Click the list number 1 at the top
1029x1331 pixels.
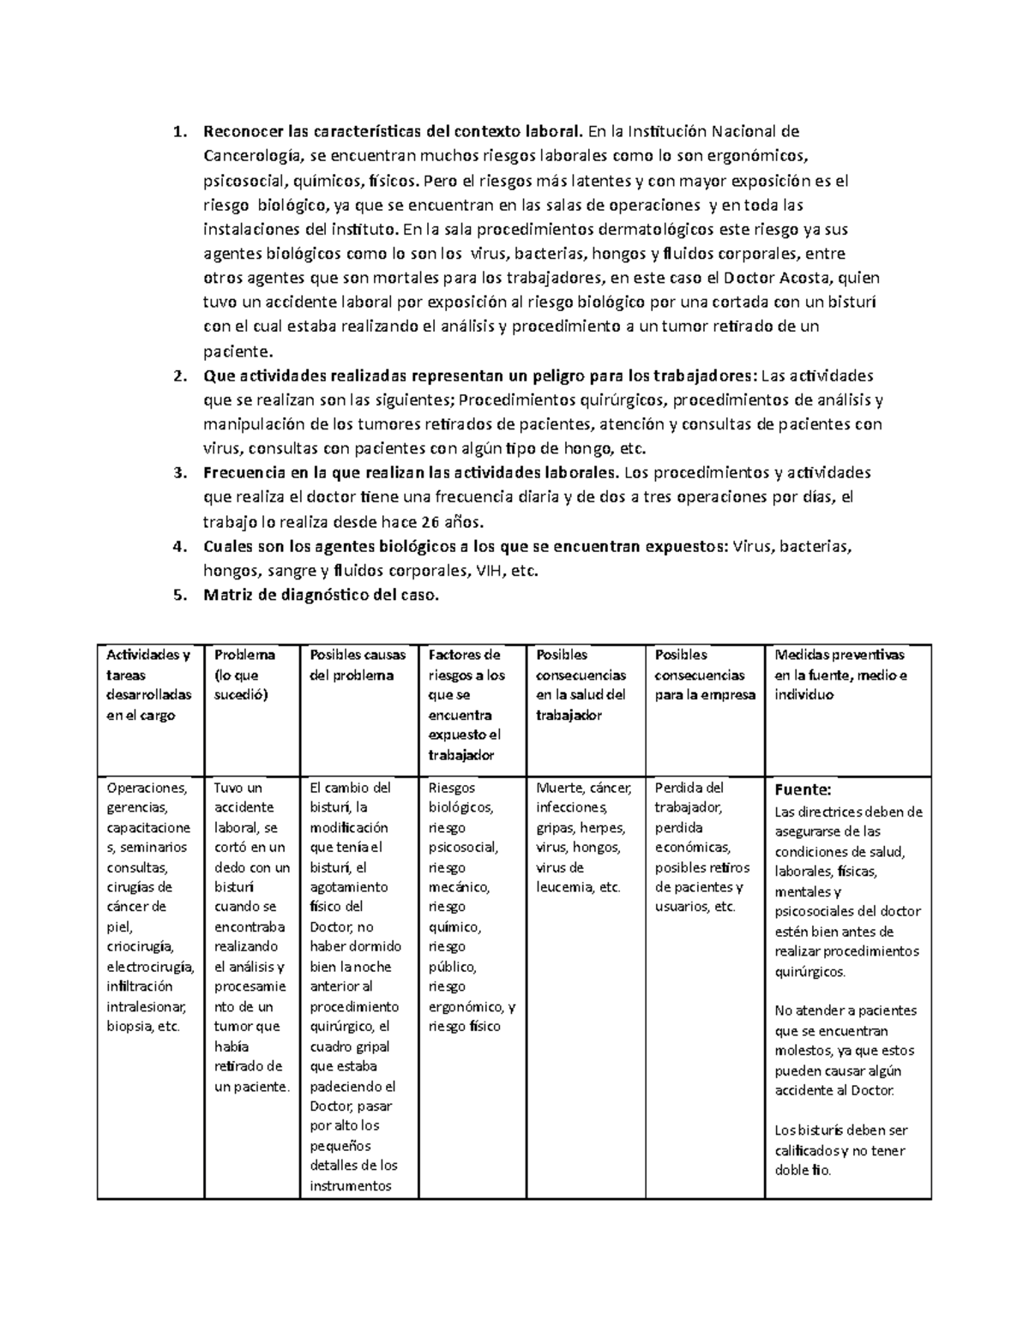178,132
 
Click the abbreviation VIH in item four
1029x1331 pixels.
486,572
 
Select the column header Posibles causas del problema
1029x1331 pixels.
358,665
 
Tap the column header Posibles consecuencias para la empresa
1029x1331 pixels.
705,674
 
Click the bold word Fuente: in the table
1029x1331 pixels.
803,789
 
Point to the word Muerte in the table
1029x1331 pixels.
557,788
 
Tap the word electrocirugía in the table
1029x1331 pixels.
150,967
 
